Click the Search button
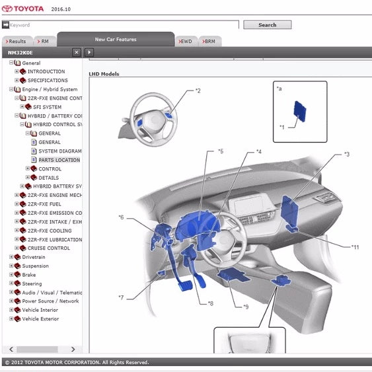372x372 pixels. [268, 25]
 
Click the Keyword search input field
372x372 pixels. [124, 25]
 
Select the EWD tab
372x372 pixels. [186, 41]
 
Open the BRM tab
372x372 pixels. [209, 41]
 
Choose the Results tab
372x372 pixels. [17, 41]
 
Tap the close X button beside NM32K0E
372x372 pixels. [77, 52]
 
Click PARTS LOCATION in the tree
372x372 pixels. [59, 160]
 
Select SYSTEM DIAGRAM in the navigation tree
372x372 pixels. [59, 151]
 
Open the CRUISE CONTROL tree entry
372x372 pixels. [49, 248]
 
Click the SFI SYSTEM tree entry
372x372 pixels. [47, 107]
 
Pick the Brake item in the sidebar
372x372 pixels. [28, 275]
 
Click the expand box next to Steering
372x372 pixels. [11, 283]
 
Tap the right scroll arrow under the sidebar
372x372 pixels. [73, 350]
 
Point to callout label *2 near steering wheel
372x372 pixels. [198, 91]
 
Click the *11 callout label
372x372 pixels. [355, 247]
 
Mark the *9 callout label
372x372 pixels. [246, 307]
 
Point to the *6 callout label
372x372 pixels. [121, 217]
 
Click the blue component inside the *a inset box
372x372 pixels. [300, 111]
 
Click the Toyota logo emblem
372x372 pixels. [7, 9]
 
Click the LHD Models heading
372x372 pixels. [104, 74]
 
